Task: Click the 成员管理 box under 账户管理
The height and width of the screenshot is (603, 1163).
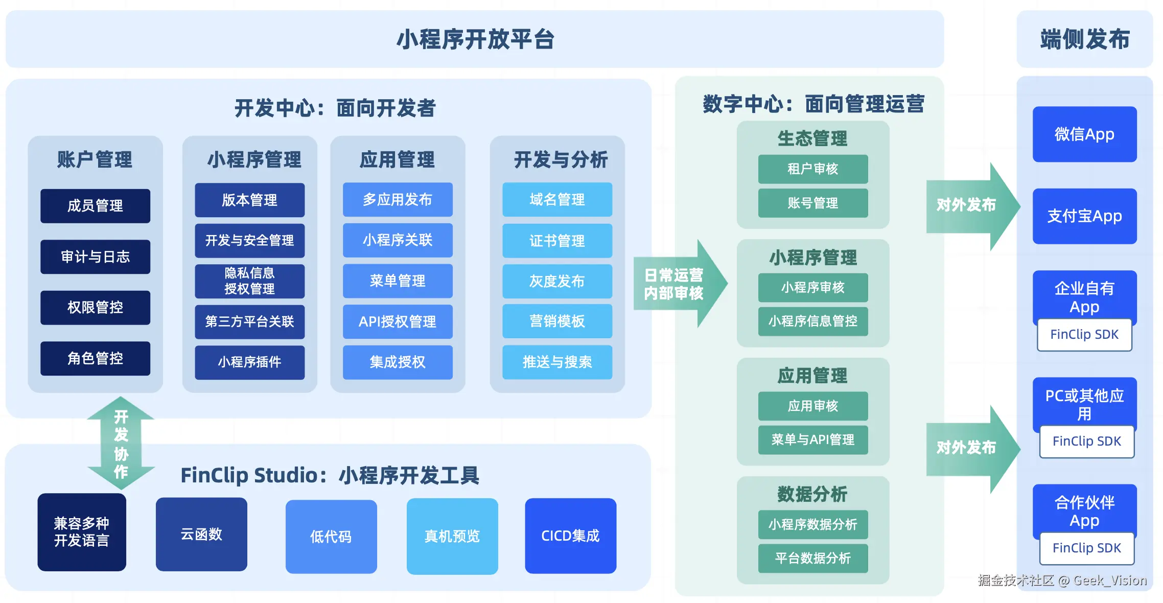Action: coord(95,206)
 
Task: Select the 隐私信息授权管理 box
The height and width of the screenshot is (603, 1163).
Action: coord(249,281)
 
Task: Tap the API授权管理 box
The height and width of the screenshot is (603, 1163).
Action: coord(398,321)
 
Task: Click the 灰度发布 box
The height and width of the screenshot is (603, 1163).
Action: coord(557,281)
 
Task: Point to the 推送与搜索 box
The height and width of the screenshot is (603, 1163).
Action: coord(557,362)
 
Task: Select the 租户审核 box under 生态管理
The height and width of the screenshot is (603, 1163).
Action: coord(812,169)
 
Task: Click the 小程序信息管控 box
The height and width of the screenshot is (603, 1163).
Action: coord(812,321)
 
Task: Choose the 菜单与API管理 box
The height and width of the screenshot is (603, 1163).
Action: coord(812,439)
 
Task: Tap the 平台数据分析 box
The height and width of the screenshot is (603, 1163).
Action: coord(812,558)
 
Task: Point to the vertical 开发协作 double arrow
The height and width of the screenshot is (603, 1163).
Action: coord(121,443)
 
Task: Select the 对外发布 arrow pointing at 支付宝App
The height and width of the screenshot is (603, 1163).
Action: coord(968,205)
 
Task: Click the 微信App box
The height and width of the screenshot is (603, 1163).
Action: coord(1084,134)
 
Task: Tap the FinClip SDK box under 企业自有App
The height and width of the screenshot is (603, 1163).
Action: coord(1084,335)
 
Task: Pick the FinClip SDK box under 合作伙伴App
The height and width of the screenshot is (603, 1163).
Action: coord(1086,548)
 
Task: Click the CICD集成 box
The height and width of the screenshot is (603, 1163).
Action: coord(570,536)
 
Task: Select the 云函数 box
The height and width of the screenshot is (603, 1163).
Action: coord(201,535)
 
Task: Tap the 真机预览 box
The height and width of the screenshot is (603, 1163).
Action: coord(452,536)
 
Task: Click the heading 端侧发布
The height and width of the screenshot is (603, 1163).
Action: coord(1084,39)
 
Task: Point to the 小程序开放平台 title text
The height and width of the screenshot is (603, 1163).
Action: coord(475,39)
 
